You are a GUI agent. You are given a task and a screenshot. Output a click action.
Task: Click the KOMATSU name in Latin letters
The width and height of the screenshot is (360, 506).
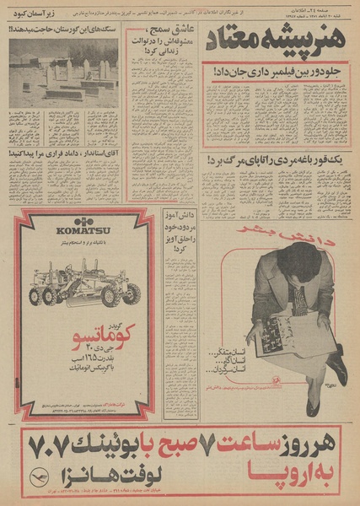coord(78,231)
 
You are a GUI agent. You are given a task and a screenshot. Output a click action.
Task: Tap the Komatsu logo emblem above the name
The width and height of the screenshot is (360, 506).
coord(78,219)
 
